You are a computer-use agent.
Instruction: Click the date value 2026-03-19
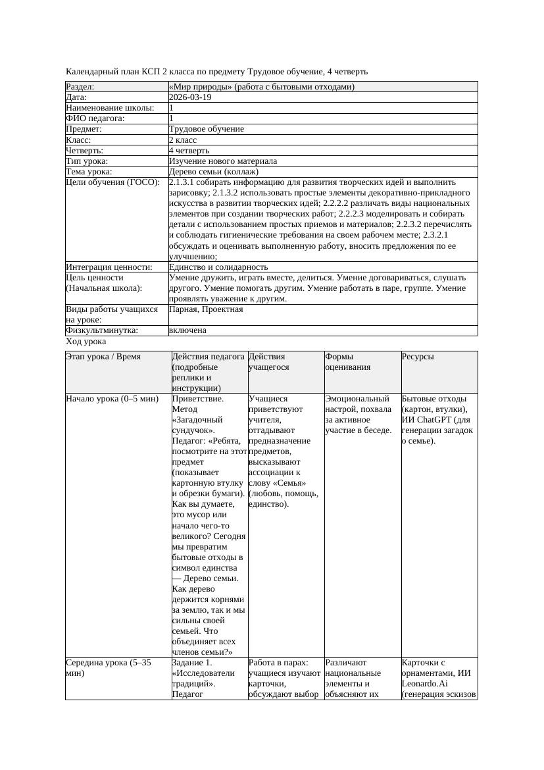(x=190, y=97)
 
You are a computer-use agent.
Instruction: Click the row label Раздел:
(x=80, y=87)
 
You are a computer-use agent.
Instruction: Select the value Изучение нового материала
(x=223, y=161)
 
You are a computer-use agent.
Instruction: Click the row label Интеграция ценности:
(x=109, y=267)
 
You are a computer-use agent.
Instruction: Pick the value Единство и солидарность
(x=218, y=267)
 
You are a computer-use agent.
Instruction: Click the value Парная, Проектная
(x=206, y=309)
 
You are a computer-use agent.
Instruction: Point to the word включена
(x=187, y=330)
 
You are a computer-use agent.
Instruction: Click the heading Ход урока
(x=86, y=342)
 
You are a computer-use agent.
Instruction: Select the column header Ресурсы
(x=417, y=357)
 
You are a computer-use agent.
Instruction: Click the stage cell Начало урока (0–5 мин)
(x=112, y=399)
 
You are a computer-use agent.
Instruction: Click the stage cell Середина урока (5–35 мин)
(x=109, y=668)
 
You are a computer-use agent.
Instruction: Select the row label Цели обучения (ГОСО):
(x=112, y=182)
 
